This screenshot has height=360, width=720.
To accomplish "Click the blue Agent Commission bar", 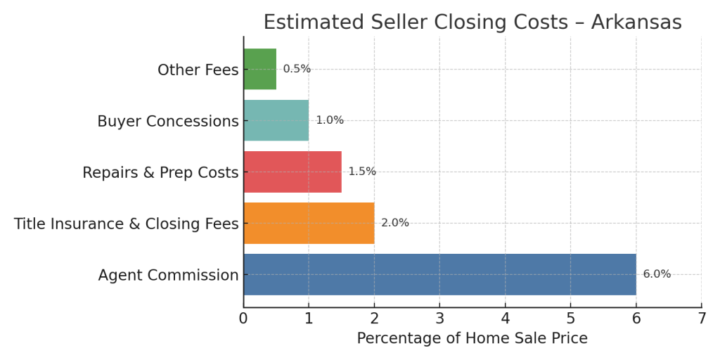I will click(439, 274).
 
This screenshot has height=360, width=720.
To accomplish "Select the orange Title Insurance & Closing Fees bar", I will click(309, 223).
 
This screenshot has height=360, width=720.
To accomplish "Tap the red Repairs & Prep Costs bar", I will click(292, 172).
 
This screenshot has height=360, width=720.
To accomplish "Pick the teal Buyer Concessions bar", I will click(276, 120).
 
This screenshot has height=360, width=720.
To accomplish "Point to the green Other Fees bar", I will click(259, 69).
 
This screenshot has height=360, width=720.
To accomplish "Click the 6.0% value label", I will click(657, 274).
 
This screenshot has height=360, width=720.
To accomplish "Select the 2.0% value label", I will click(394, 223).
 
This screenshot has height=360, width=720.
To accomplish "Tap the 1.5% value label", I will click(362, 172).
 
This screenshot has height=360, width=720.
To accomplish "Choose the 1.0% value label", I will click(329, 120).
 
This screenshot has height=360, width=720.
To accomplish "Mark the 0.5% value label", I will click(297, 69).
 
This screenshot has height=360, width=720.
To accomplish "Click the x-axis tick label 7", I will click(701, 318).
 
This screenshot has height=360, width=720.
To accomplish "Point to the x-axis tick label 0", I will click(243, 318).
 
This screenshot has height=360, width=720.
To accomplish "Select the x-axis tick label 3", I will click(439, 318).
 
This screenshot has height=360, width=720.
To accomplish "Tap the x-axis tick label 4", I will click(505, 318).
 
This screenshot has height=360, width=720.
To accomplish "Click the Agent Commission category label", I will click(168, 275).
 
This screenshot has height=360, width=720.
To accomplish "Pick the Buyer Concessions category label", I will click(167, 121).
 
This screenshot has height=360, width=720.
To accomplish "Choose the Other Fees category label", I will click(198, 70).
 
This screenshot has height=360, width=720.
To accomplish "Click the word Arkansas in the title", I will click(636, 22).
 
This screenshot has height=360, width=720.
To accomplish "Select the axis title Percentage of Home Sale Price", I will click(472, 338).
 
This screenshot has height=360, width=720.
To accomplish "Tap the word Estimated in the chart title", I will click(314, 22).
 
